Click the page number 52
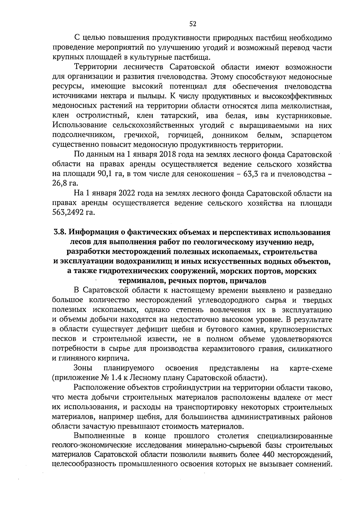(x=193, y=24)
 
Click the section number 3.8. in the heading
(x=60, y=232)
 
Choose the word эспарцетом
(x=311, y=135)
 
